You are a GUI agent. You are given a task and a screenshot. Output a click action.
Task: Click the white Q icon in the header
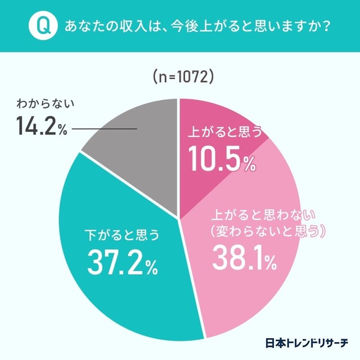click(43, 26)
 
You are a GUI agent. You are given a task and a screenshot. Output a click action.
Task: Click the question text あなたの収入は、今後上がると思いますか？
click(197, 26)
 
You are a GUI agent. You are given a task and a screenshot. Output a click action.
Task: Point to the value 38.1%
click(244, 259)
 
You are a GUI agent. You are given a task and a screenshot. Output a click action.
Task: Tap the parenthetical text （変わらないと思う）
click(267, 231)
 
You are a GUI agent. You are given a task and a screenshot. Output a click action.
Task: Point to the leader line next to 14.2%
click(105, 129)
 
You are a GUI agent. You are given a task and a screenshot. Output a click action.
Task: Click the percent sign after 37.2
click(150, 267)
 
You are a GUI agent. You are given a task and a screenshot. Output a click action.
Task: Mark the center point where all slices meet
click(179, 219)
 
